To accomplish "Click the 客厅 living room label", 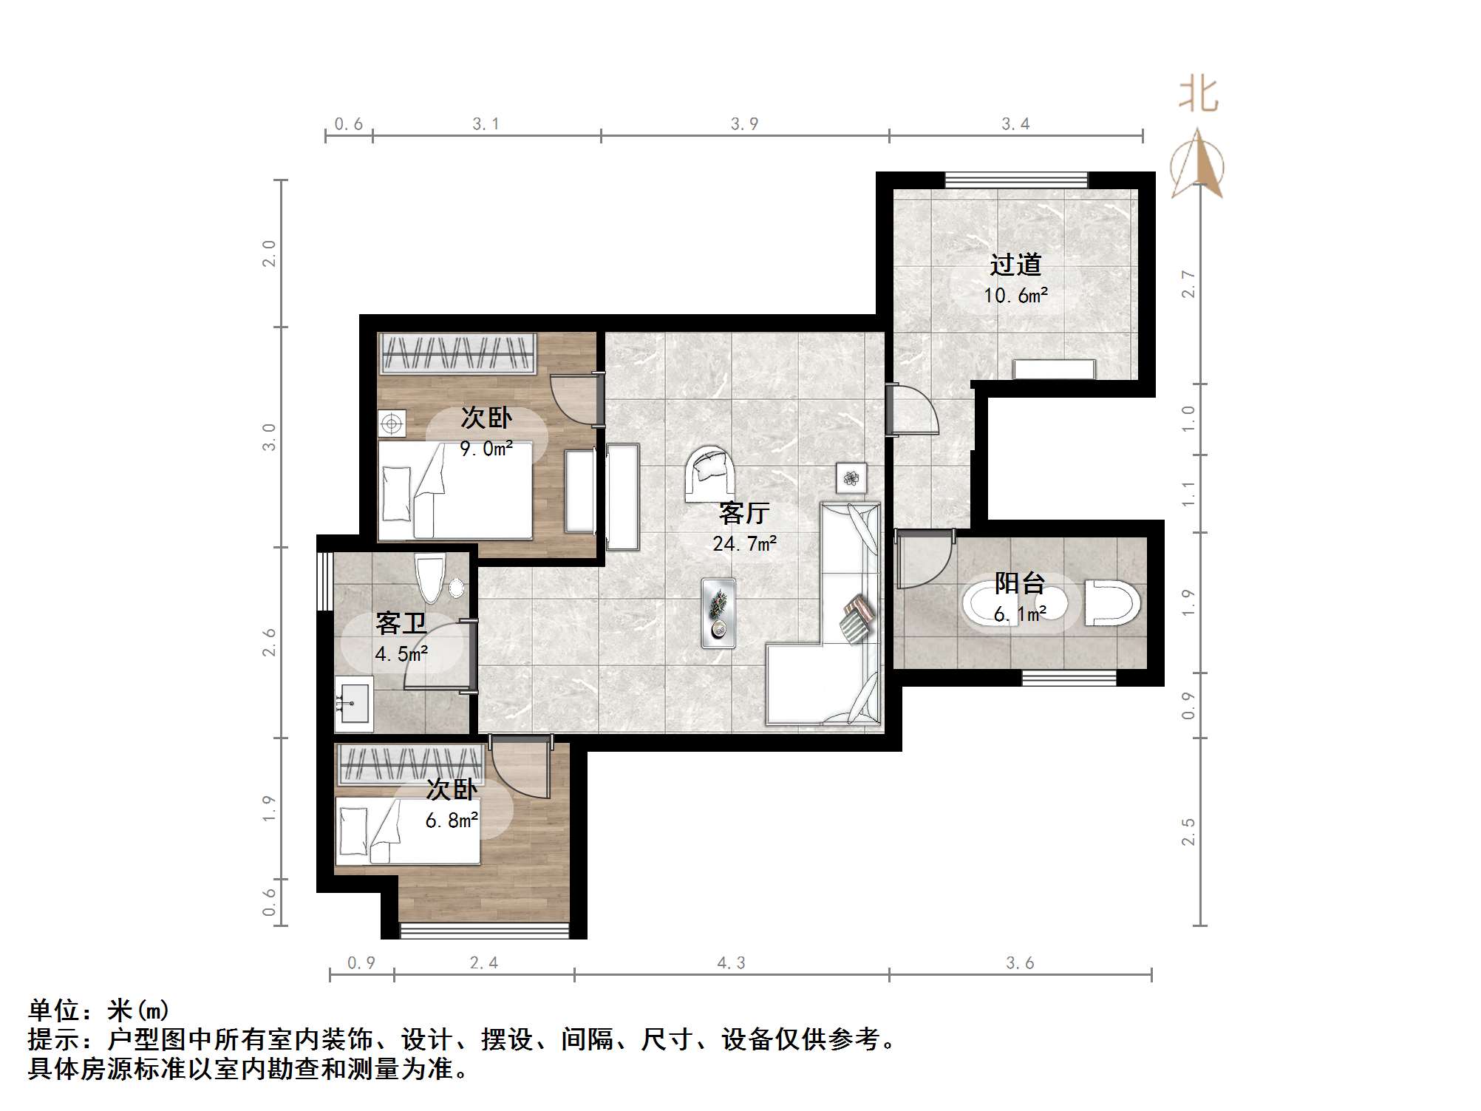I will [744, 512].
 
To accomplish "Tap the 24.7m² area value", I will [744, 544].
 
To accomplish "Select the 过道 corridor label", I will [1015, 264].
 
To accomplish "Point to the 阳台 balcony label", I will [1019, 583].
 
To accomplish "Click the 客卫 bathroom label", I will [401, 623].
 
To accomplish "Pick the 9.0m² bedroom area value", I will [486, 449].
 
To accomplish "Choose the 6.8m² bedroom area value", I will [452, 820].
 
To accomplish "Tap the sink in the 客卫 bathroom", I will [353, 702].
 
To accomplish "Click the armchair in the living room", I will [710, 471].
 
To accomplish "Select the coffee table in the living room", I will [718, 613].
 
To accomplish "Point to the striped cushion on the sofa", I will [857, 619].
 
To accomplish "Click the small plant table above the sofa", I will [851, 478].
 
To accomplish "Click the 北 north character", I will [1197, 95].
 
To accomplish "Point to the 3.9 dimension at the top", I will [744, 124].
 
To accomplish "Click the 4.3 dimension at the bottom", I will [731, 962].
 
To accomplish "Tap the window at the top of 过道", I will [1016, 180].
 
